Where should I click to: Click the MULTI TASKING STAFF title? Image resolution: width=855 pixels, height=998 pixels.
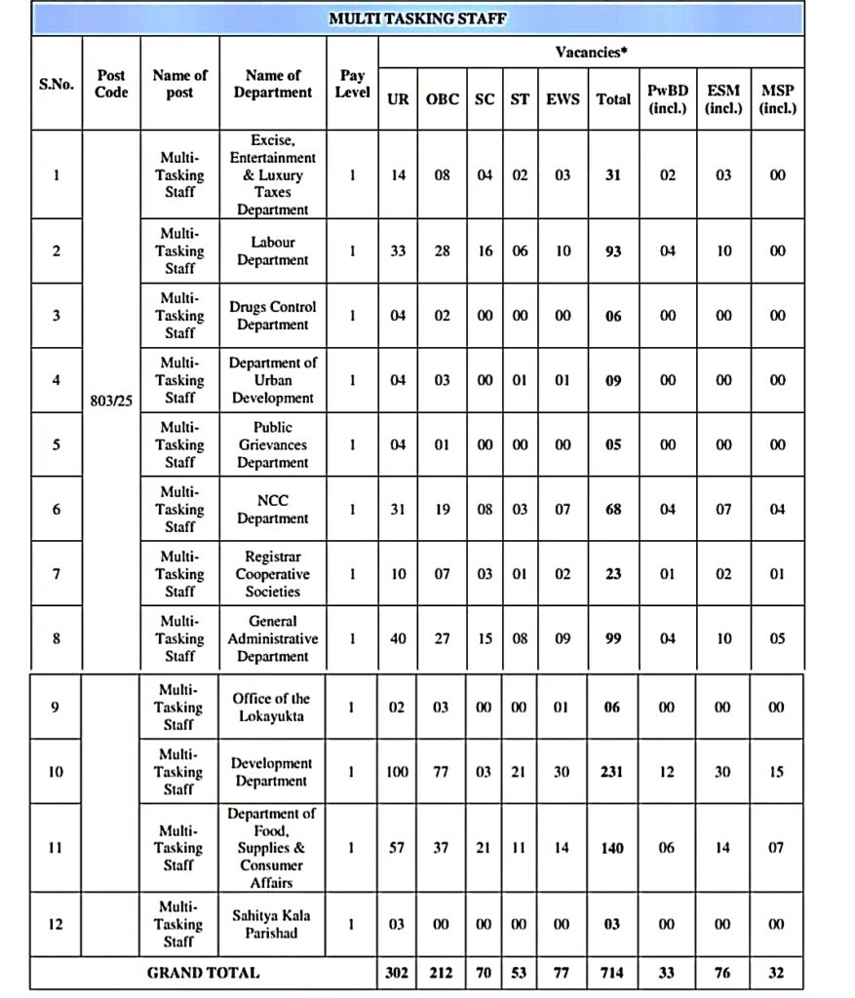click(417, 19)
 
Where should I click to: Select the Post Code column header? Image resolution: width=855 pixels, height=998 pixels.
click(111, 84)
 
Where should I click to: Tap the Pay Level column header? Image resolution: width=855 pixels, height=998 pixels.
click(352, 84)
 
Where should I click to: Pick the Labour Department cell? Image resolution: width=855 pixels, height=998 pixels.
click(272, 251)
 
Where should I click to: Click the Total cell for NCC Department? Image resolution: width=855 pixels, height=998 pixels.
click(612, 510)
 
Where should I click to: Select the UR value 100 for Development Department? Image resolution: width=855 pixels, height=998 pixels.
click(397, 772)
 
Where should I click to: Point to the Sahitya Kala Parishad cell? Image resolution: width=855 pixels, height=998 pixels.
click(272, 924)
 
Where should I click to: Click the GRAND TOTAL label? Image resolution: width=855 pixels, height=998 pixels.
click(203, 973)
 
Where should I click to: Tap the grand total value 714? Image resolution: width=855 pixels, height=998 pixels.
click(612, 973)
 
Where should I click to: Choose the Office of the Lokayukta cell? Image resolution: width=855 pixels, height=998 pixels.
click(272, 707)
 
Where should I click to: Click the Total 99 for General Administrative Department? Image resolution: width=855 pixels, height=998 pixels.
click(612, 639)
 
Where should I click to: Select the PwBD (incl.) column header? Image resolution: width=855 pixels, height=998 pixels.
click(668, 99)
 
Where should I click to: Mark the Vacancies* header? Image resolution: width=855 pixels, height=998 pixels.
click(590, 52)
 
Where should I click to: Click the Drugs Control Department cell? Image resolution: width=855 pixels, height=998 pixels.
click(272, 316)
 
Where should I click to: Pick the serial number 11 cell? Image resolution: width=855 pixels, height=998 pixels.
click(56, 848)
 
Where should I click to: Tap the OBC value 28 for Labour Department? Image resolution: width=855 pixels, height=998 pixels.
click(442, 251)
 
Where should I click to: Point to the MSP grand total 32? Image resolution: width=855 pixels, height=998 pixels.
click(776, 973)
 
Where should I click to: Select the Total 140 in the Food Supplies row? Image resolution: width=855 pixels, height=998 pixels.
click(612, 848)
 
